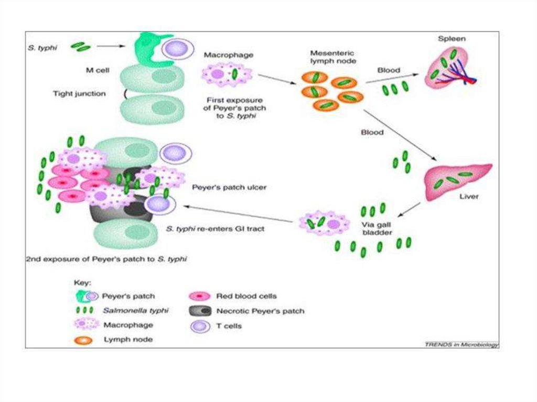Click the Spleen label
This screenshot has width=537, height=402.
click(x=452, y=39)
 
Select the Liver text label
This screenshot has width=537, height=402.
click(x=469, y=198)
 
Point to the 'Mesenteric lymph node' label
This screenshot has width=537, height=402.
click(x=331, y=57)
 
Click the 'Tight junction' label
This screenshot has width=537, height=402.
click(x=79, y=94)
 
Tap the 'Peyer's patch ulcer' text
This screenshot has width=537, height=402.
click(x=229, y=187)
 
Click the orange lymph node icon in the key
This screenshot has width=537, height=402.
click(x=84, y=340)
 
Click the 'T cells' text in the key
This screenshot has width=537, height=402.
click(x=229, y=325)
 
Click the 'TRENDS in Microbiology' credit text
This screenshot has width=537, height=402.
click(x=461, y=344)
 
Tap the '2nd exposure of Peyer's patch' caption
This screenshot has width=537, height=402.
click(x=106, y=259)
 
